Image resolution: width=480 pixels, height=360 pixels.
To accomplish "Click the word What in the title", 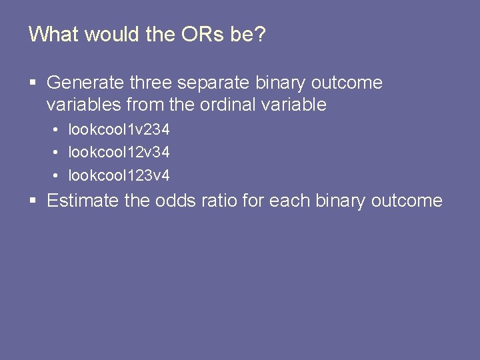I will (53, 34).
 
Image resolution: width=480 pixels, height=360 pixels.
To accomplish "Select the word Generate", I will (85, 83).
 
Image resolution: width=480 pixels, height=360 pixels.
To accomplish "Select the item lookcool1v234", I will (119, 129).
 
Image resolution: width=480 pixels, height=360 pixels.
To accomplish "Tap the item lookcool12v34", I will (119, 152).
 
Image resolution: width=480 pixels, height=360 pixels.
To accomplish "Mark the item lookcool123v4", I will (119, 175).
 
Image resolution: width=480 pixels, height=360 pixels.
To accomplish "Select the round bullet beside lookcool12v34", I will (57, 153).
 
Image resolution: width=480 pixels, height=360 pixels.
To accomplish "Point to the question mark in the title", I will (259, 34).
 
